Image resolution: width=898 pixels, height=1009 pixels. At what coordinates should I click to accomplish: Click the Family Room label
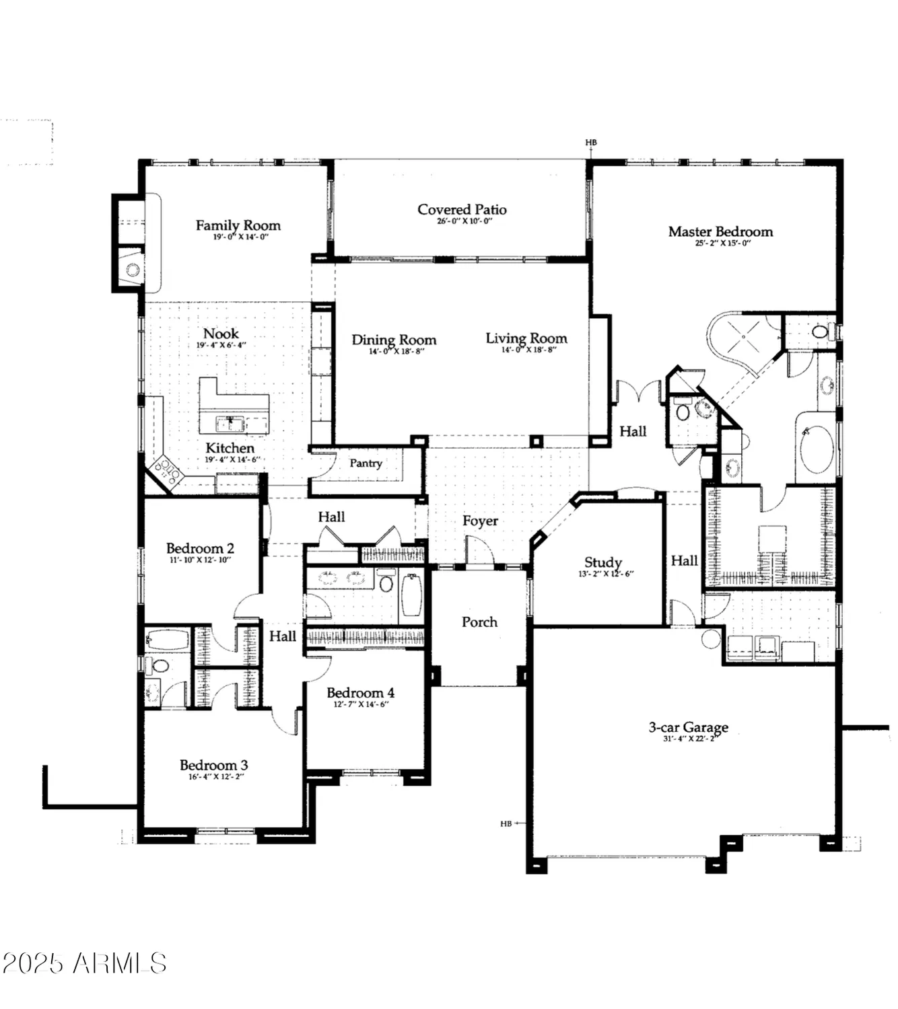pos(238,225)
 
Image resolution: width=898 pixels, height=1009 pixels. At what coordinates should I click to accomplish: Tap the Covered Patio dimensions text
pos(462,221)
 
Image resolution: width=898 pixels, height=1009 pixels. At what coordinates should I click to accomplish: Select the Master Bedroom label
pos(720,231)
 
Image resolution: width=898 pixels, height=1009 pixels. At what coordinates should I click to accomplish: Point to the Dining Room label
pos(394,340)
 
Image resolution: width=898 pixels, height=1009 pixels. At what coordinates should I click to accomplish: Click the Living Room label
pos(526,338)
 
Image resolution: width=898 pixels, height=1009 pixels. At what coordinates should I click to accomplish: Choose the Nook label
pos(221,334)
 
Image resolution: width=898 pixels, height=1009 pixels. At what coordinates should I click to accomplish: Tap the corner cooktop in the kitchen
pos(166,472)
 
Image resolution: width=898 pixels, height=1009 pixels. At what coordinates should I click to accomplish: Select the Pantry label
pos(366,463)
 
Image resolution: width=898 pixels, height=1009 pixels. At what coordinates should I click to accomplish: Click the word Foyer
pos(480,521)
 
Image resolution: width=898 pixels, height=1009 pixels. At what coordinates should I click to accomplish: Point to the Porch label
pos(479,622)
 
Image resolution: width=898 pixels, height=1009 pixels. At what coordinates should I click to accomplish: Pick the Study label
pos(602,562)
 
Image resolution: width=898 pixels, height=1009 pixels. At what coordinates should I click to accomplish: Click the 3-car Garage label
pos(688,727)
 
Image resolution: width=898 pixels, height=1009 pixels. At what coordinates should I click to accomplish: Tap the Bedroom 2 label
pos(200,548)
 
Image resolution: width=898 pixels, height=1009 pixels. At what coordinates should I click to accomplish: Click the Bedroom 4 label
pos(360,693)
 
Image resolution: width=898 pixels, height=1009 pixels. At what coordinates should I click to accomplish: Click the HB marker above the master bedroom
pos(590,143)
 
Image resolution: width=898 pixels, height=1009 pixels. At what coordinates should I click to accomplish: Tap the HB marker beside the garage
pos(506,823)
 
